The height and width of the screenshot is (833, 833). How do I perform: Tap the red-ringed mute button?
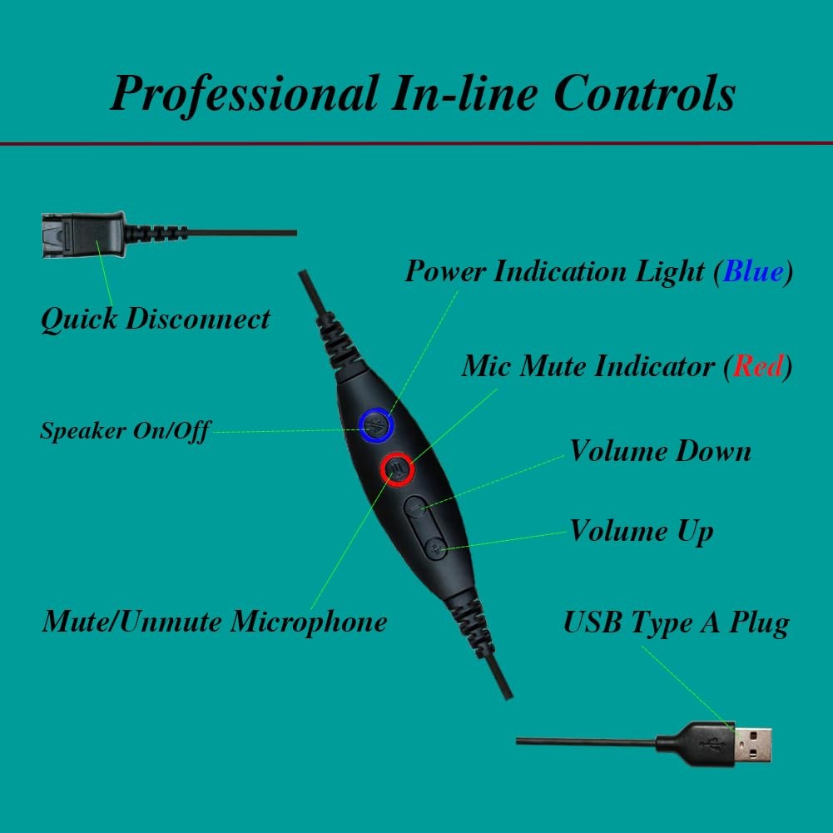coord(397,469)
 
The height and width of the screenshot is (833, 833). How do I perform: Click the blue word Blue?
coord(753,271)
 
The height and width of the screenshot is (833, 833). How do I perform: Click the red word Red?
coord(757,366)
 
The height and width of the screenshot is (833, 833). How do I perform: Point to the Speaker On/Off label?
coord(125,430)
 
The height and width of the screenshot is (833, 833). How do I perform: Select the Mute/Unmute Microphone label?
coord(214,621)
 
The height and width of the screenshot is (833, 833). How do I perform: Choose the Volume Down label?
coord(660,451)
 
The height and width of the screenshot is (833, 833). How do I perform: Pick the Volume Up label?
coord(641,532)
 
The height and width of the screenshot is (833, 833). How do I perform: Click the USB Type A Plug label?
coord(676,622)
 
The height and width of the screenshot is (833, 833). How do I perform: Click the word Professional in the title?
coord(243,93)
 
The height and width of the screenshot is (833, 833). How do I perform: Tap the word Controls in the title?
coord(645,93)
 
